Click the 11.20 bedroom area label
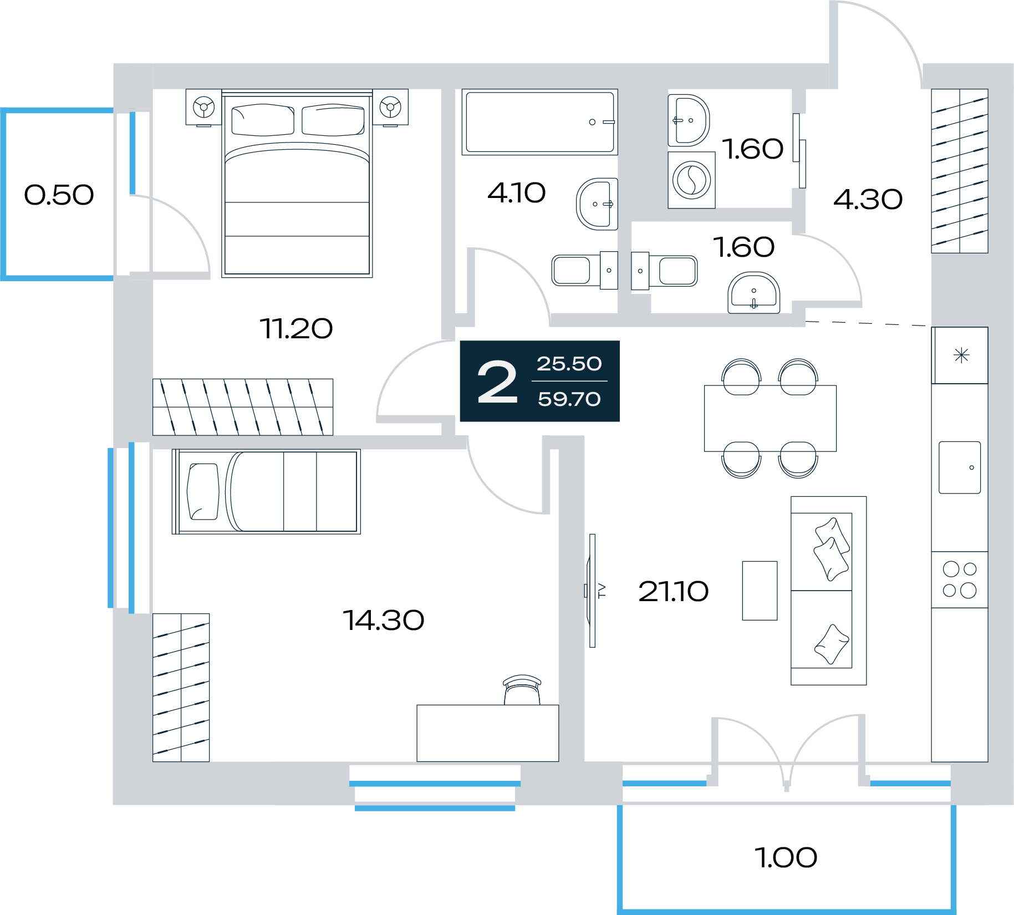click(296, 328)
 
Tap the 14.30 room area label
click(384, 620)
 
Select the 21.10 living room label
click(673, 591)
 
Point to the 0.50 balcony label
click(59, 195)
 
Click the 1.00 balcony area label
click(786, 857)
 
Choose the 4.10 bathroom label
click(517, 193)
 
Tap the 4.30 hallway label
click(868, 200)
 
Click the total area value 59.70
click(569, 399)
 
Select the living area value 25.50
click(569, 364)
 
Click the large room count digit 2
click(497, 382)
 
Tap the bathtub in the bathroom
click(540, 122)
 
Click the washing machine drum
click(691, 180)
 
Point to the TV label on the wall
click(602, 591)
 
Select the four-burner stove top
click(960, 579)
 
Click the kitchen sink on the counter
click(960, 467)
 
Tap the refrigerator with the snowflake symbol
click(960, 355)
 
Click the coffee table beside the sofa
click(760, 591)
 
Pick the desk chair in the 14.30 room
click(522, 690)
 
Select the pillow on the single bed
click(203, 491)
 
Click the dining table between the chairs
click(770, 418)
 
